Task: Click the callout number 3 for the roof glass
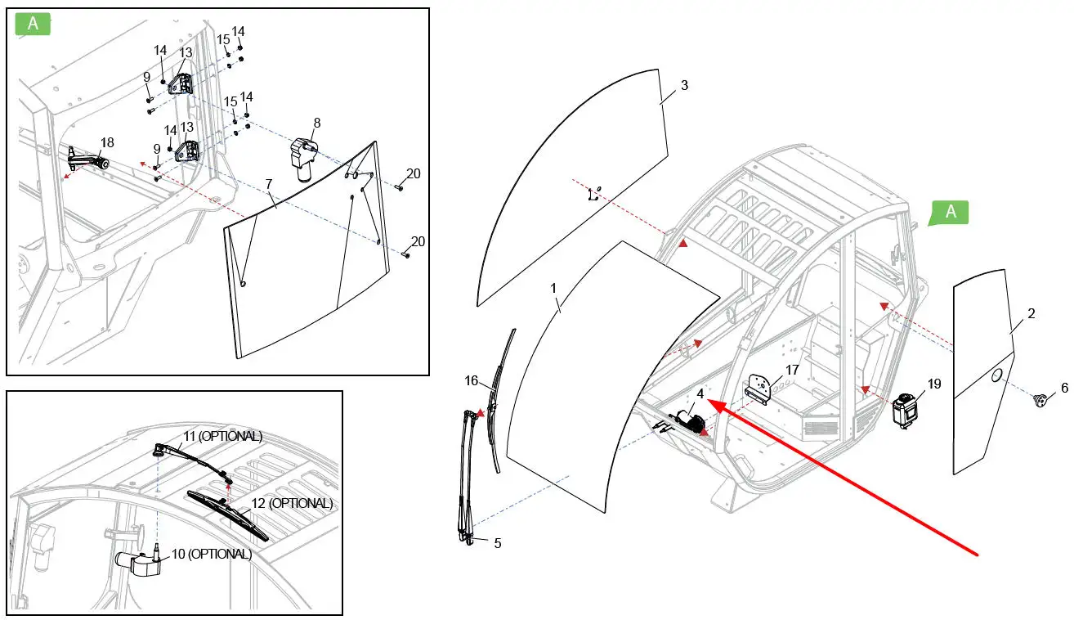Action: point(684,86)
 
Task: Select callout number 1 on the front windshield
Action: point(553,289)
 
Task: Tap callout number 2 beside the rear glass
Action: point(1031,313)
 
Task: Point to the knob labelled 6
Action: point(1041,400)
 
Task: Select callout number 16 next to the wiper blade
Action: point(472,381)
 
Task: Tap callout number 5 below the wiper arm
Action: point(497,542)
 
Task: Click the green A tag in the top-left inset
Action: point(33,24)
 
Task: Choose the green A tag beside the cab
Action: point(950,212)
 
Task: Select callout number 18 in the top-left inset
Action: point(107,142)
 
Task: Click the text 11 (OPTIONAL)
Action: point(222,436)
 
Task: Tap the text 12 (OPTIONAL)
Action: point(291,503)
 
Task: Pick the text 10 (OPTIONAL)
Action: point(211,554)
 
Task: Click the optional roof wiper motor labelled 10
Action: point(138,563)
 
